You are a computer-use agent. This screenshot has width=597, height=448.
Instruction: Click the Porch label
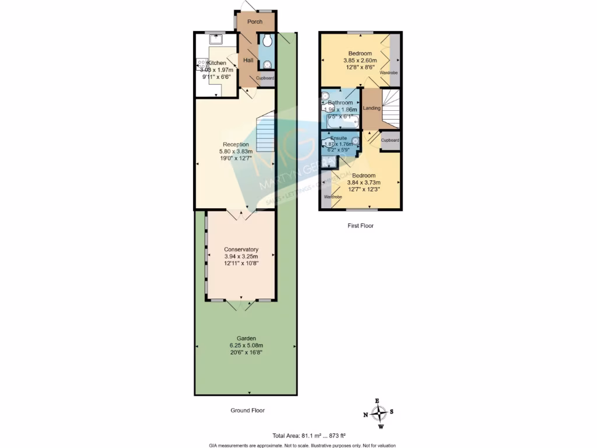[255, 22]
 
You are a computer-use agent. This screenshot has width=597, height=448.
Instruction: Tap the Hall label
[248, 60]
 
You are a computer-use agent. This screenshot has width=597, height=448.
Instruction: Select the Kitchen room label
[217, 63]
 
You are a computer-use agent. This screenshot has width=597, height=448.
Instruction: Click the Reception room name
[236, 144]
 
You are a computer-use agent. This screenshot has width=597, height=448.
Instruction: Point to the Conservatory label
[241, 249]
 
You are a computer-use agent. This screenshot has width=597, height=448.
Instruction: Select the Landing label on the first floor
[371, 108]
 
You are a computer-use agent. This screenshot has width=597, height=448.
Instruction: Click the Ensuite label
[338, 138]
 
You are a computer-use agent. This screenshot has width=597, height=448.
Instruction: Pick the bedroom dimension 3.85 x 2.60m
[360, 60]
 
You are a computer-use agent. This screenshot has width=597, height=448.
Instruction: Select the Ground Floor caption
[247, 410]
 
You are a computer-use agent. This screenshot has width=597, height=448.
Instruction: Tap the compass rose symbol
[380, 413]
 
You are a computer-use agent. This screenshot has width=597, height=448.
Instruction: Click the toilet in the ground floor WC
[267, 40]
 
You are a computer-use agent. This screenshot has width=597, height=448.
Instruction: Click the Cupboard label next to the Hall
[265, 78]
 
